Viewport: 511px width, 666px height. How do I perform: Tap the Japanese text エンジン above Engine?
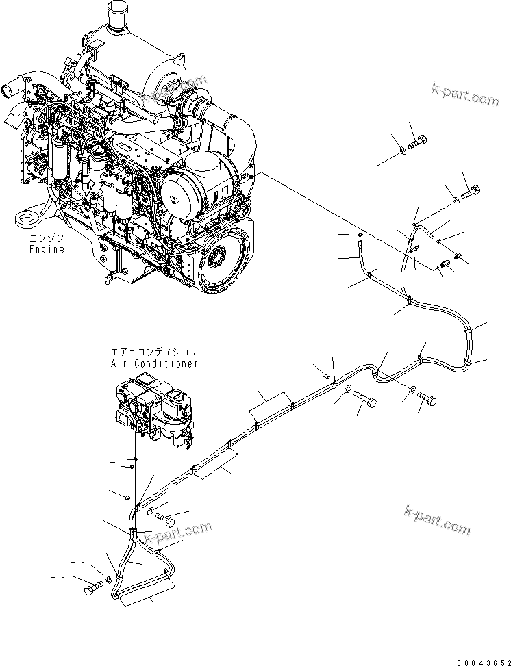point(46,239)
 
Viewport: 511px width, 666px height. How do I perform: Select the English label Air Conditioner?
point(154,363)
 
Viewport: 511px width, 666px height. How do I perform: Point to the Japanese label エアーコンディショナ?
point(154,353)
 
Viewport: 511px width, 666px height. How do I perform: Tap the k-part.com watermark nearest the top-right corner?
point(465,94)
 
